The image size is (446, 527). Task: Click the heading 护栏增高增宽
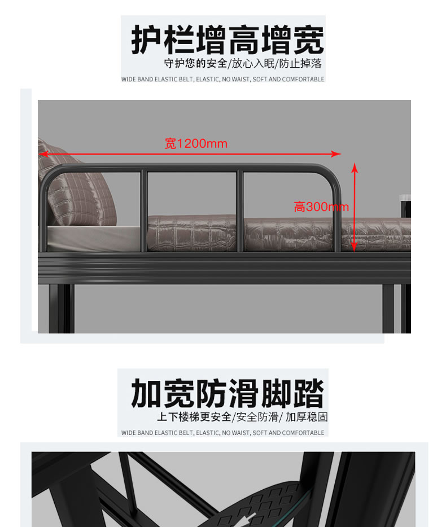[x=228, y=39]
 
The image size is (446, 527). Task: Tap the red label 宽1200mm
[x=196, y=143]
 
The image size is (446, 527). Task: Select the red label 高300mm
[x=321, y=207]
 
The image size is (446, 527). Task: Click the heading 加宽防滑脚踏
[x=228, y=393]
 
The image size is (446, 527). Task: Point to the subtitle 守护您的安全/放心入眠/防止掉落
[x=243, y=63]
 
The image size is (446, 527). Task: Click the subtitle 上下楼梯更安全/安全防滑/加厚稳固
[x=242, y=417]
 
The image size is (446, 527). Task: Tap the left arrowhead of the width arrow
[x=43, y=154]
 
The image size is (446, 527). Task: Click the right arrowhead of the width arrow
[x=336, y=154]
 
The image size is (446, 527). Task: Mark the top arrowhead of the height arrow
[x=354, y=168]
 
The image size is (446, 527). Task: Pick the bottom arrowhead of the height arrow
[x=354, y=247]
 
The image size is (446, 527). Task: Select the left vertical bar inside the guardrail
[x=144, y=211]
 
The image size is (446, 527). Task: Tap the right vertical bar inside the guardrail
[x=240, y=211]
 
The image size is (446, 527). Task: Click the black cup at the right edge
[x=405, y=206]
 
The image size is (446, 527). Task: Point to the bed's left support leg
[x=62, y=309]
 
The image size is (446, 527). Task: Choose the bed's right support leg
[x=396, y=309]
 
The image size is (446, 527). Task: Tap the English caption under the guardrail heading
[x=222, y=80]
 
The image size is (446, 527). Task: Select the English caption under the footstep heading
[x=222, y=433]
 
